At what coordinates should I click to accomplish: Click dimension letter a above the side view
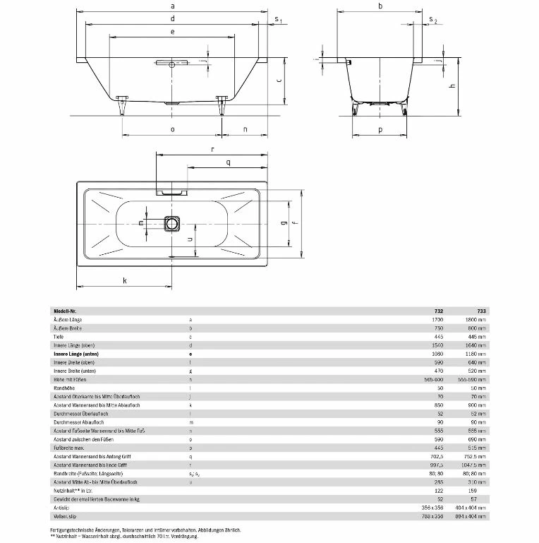click(172, 6)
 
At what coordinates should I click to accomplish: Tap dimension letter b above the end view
click(380, 6)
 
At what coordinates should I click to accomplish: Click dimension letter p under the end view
click(380, 129)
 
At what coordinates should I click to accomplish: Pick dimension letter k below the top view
click(124, 281)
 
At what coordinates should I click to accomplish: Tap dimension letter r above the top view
click(212, 149)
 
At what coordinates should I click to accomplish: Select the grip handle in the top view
click(172, 191)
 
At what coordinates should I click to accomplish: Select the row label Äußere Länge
click(68, 320)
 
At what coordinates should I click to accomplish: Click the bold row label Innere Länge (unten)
click(76, 354)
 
